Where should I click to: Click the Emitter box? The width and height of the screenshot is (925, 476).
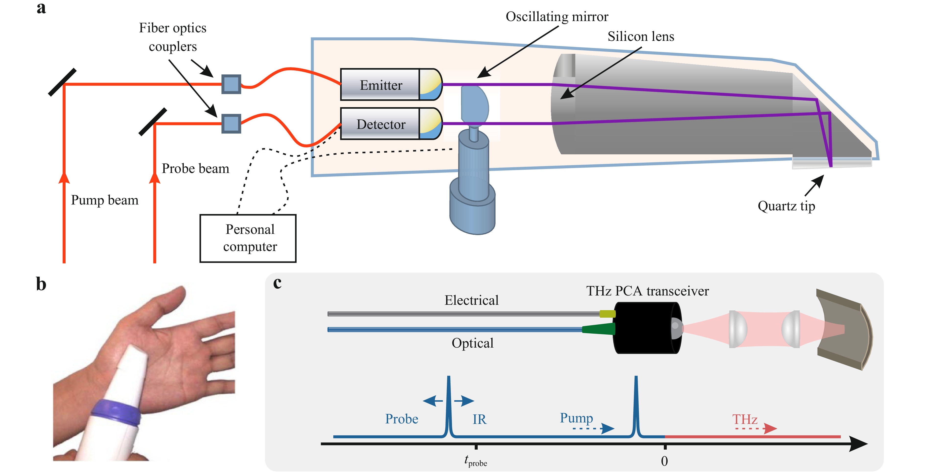coord(381,85)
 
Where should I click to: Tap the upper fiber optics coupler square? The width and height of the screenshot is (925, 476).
coord(231,84)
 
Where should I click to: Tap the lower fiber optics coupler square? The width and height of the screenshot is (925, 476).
coord(231,124)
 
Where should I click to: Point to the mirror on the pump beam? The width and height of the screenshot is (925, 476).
coord(62,82)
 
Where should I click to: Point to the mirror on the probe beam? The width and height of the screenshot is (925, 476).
coord(153,122)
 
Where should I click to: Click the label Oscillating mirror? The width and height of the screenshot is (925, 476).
coord(557,17)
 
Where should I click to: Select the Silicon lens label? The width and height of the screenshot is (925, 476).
coord(641,36)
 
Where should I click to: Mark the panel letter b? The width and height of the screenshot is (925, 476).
coord(41,284)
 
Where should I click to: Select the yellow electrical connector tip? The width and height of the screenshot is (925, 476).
coord(607,314)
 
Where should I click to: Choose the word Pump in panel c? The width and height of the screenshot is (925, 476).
coord(576,418)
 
